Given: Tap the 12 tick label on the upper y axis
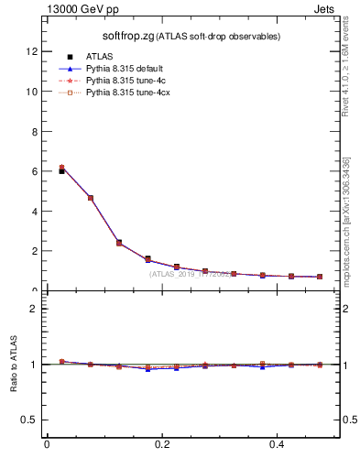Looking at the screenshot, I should [34, 52].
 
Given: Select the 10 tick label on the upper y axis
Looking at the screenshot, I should [34, 92].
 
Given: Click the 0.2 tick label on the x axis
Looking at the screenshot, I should [162, 445].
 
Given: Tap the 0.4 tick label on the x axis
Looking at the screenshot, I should [278, 445].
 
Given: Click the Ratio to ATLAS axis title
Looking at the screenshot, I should [15, 364].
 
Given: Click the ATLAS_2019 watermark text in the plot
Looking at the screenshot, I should [191, 274].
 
